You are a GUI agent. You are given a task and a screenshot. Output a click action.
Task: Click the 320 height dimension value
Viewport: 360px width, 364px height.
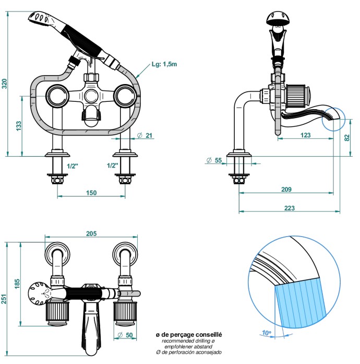[x=5, y=84]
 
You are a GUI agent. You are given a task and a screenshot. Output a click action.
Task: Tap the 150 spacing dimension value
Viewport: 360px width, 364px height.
[x=91, y=193]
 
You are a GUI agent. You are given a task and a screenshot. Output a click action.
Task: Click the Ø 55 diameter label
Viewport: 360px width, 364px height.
[x=214, y=160]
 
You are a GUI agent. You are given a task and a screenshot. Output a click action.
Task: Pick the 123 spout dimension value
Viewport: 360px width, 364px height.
[x=306, y=135]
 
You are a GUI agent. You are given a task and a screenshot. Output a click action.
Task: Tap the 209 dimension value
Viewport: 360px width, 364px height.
[x=286, y=189]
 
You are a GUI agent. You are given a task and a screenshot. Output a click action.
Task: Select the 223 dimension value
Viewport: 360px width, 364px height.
[x=290, y=208]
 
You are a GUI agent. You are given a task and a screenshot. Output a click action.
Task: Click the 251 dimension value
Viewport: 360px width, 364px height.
[x=5, y=298]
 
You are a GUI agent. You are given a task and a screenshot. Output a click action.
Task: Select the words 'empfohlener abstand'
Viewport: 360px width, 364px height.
[x=189, y=346]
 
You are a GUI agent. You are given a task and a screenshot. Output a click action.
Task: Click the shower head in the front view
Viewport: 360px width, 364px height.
[x=42, y=19]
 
